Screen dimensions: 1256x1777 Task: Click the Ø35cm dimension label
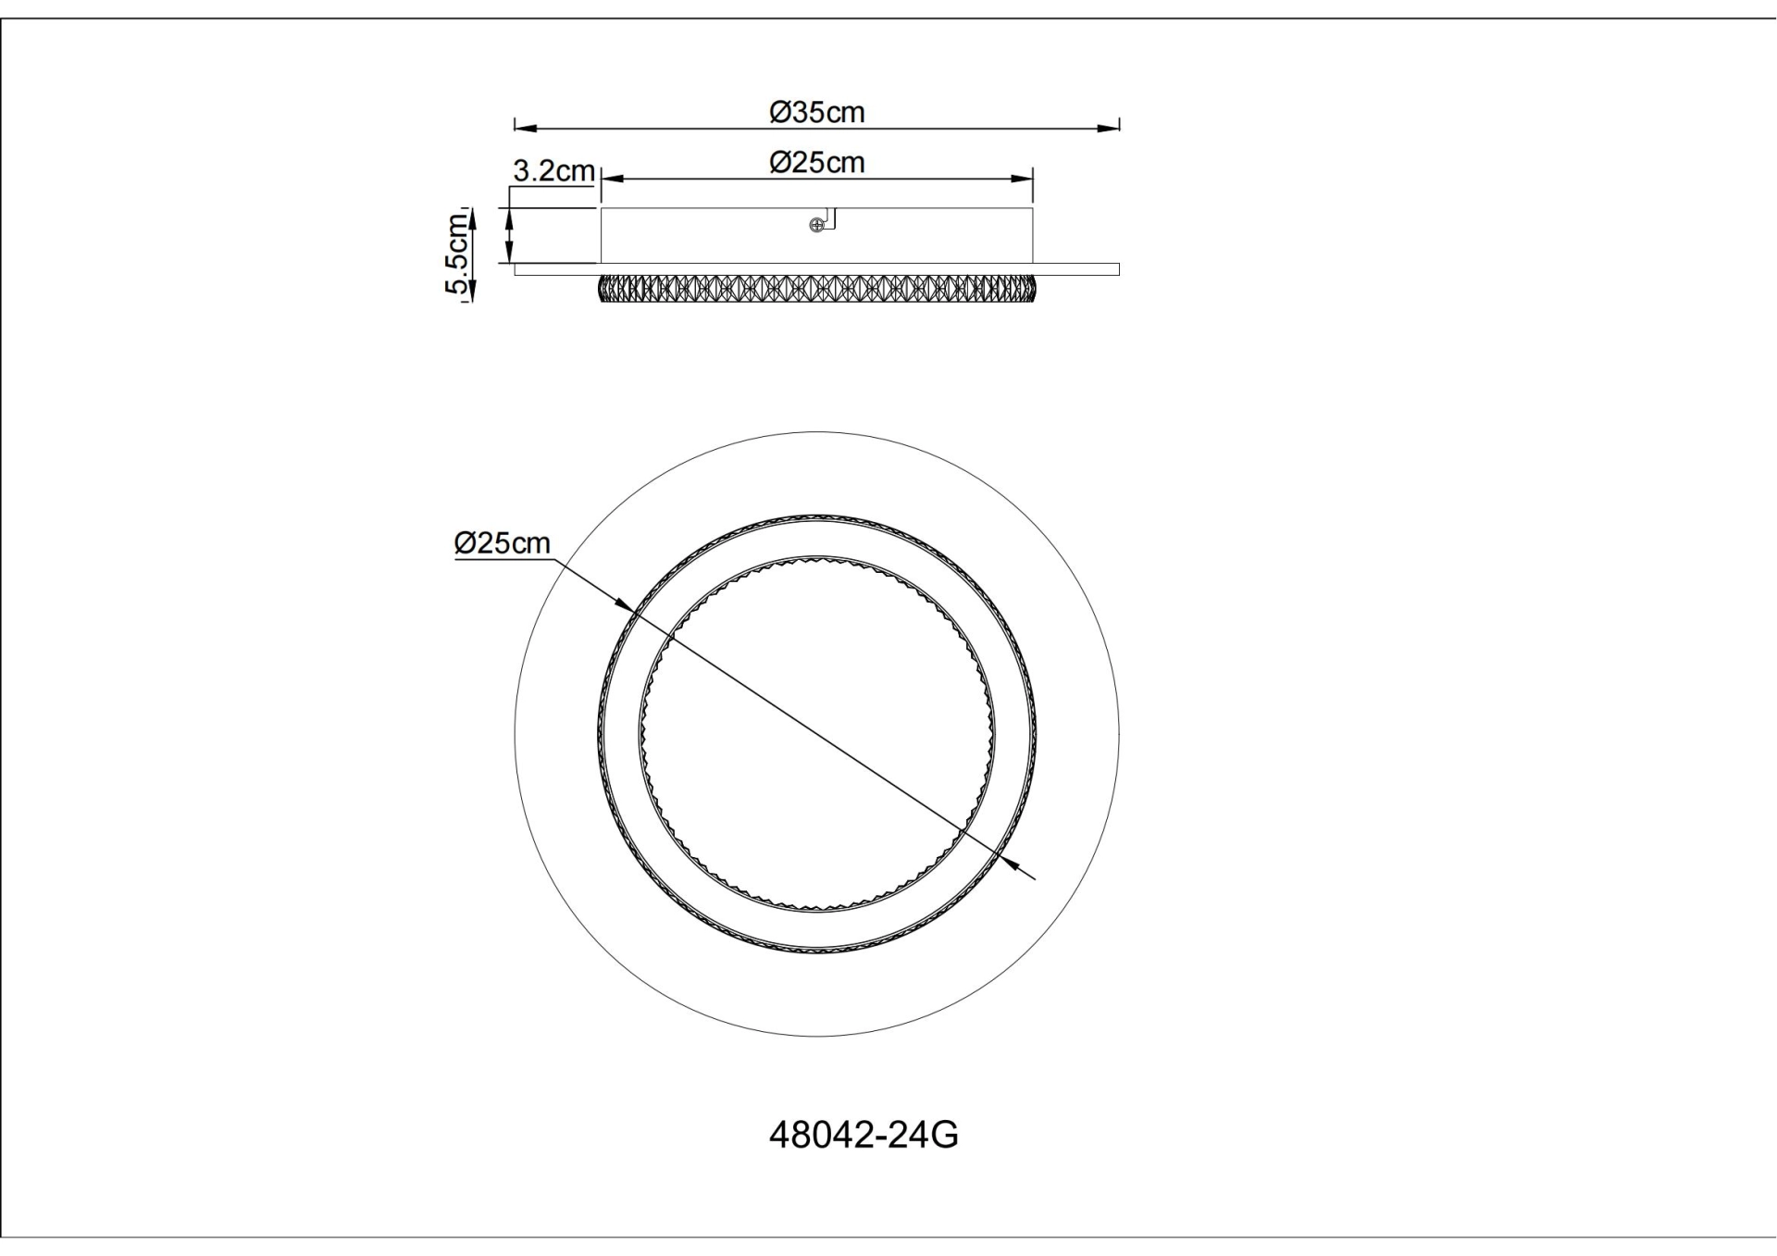pyautogui.click(x=816, y=112)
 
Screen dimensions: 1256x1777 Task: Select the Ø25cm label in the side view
pyautogui.click(x=816, y=162)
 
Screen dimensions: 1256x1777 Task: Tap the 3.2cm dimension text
pyautogui.click(x=553, y=170)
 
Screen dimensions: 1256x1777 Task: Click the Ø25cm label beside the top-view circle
pyautogui.click(x=502, y=543)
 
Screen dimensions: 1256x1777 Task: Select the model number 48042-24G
pyautogui.click(x=864, y=1135)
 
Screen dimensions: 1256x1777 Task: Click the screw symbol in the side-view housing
pyautogui.click(x=816, y=225)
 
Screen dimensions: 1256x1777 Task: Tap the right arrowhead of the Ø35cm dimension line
pyautogui.click(x=1109, y=128)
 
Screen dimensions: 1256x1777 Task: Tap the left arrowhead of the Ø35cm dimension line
pyautogui.click(x=525, y=128)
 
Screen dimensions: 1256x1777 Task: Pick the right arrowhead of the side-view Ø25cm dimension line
pyautogui.click(x=1022, y=179)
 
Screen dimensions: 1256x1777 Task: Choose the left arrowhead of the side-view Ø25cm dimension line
pyautogui.click(x=613, y=179)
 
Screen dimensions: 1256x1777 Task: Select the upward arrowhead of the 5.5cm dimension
pyautogui.click(x=470, y=217)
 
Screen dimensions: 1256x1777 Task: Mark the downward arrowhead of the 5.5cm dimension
pyautogui.click(x=470, y=293)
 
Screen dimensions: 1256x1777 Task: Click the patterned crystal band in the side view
pyautogui.click(x=816, y=288)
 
